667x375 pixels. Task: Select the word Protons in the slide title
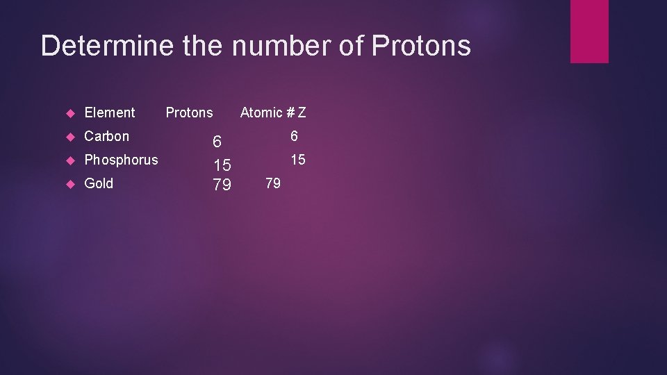[x=421, y=46]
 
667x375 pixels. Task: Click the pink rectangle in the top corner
[x=589, y=31]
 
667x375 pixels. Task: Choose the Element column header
[x=110, y=112]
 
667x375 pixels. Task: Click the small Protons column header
[x=189, y=112]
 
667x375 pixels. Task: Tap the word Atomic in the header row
[x=261, y=112]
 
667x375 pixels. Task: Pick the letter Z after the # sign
[x=302, y=112]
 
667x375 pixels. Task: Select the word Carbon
[x=106, y=136]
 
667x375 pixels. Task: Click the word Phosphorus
[x=121, y=160]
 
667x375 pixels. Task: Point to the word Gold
[x=99, y=183]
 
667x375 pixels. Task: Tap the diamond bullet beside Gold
[x=69, y=184]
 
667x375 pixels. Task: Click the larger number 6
[x=217, y=142]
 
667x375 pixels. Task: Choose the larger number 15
[x=222, y=165]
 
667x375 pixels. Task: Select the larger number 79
[x=222, y=185]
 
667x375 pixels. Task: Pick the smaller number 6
[x=294, y=136]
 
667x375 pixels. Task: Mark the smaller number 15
[x=297, y=160]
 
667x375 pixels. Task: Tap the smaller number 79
[x=273, y=183]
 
